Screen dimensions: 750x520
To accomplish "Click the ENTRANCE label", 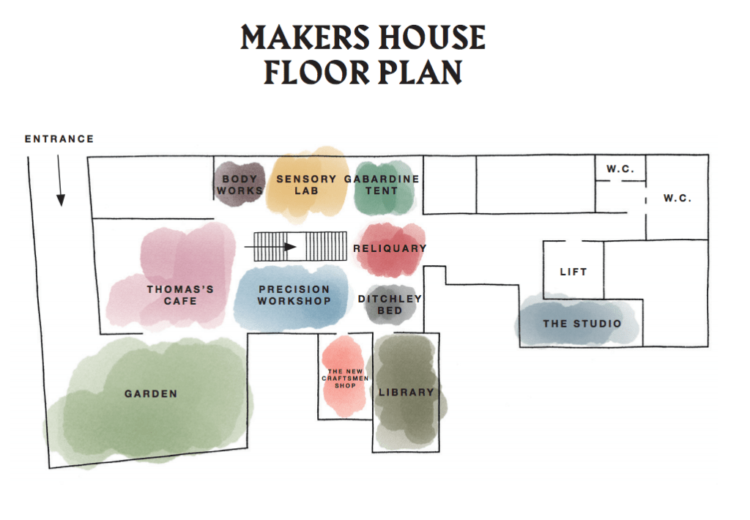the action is coord(59,139).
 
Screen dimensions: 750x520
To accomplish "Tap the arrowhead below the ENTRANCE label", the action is coord(61,200).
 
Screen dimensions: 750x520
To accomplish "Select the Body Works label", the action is coord(240,185).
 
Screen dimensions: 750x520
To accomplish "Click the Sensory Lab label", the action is coord(306,185).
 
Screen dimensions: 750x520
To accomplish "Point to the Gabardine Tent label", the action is coord(382,185).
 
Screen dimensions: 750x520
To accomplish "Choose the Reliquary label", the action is coord(390,249).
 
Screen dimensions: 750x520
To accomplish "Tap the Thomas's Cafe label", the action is coord(180,295).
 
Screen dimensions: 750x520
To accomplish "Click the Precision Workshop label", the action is coord(294,295).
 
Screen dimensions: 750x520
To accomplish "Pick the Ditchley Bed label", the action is coord(390,305).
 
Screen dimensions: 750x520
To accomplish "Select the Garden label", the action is coord(151,394).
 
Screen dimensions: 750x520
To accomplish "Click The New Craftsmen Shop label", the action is coord(346,379).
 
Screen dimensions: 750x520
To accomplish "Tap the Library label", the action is coord(406,393).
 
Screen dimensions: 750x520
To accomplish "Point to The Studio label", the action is coord(582,324).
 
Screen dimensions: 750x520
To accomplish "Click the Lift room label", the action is coord(573,272).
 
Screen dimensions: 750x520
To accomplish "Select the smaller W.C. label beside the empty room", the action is coord(620,169).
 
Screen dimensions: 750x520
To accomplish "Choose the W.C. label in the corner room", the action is coord(677,198).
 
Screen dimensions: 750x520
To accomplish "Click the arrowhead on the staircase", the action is coord(290,247).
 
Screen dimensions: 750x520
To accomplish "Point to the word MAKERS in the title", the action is coord(305,37).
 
